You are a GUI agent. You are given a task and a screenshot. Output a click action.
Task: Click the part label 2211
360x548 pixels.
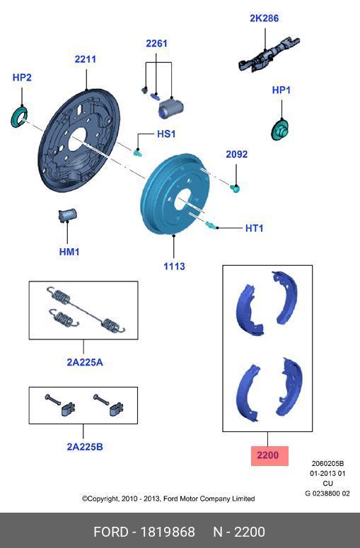[x=86, y=59]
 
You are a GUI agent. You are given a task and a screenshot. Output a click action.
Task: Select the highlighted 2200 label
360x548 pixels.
[x=268, y=456]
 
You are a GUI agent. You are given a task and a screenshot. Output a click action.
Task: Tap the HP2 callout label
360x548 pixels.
[x=22, y=77]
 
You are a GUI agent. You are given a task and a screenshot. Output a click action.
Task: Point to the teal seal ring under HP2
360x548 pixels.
[x=19, y=116]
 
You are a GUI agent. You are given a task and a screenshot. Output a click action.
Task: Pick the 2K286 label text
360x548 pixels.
[x=263, y=18]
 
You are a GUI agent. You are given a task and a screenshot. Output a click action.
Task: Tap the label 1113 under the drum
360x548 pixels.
[x=174, y=266]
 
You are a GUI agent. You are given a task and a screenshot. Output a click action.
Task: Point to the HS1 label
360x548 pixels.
[x=166, y=134]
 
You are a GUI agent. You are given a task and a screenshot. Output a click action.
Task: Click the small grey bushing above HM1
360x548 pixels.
[x=68, y=214]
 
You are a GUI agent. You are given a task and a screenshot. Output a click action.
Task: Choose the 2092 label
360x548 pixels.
[x=236, y=154]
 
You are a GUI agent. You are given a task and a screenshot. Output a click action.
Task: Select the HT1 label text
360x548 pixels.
[x=254, y=228]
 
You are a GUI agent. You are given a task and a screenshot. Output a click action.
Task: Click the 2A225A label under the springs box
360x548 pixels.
[x=84, y=362]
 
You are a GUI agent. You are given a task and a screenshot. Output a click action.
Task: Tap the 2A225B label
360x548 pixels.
[x=84, y=446]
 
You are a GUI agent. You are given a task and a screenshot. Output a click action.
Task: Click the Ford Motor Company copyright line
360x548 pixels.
[x=168, y=499]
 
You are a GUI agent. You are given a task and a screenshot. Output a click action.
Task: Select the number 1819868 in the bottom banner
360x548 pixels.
[x=169, y=532]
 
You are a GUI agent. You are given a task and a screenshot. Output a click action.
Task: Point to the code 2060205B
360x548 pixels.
[x=327, y=463]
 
